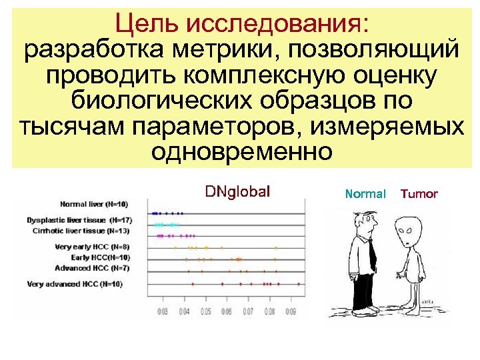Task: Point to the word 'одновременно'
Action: (241, 152)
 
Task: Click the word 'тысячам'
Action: (59, 126)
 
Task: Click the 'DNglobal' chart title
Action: (238, 193)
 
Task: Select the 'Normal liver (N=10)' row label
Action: (94, 204)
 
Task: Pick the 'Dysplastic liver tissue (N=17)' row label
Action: (79, 219)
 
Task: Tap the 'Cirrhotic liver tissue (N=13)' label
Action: (80, 231)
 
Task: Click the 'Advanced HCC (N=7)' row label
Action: (93, 268)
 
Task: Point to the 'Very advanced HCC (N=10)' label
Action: (75, 284)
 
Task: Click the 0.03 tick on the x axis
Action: (162, 311)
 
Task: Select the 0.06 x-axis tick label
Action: (227, 311)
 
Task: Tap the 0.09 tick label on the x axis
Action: (291, 311)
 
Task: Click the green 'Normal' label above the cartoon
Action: (365, 194)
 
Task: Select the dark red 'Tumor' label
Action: (419, 194)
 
